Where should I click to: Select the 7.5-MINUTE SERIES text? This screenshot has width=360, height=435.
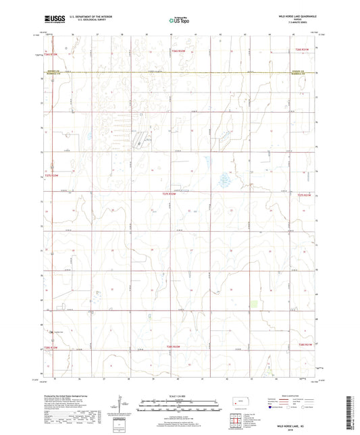click(300, 22)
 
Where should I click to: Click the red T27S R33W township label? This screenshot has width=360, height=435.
click(51, 175)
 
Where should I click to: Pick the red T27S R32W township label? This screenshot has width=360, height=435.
click(169, 195)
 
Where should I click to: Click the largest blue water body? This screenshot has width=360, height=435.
click(224, 180)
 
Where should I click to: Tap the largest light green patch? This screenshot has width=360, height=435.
click(254, 306)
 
